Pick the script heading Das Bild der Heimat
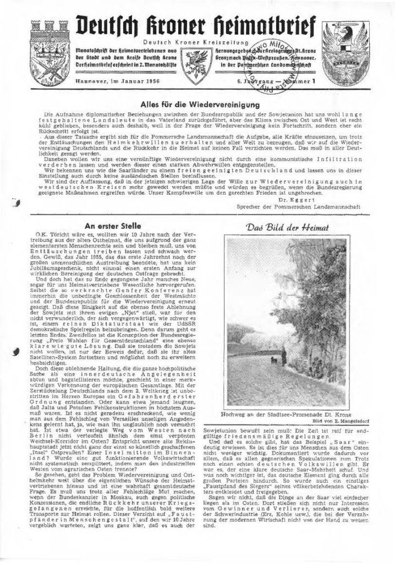tap(288, 227)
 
